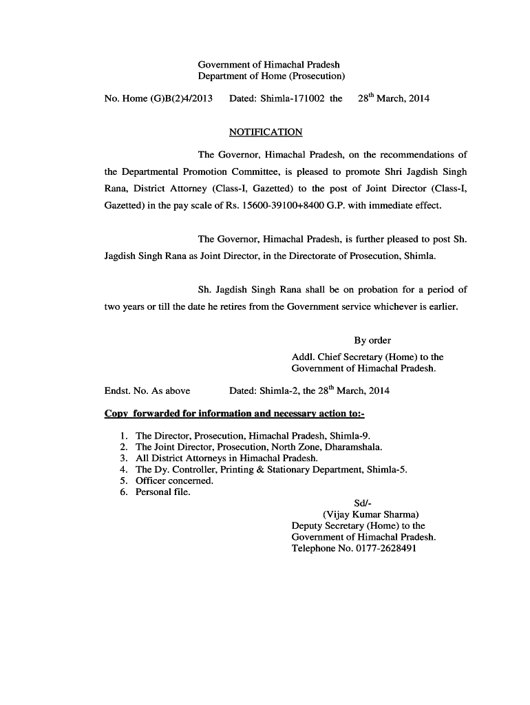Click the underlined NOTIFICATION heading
(265, 132)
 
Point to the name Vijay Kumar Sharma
(370, 514)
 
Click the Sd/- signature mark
(363, 503)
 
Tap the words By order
(372, 340)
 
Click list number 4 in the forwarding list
(123, 470)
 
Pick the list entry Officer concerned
(174, 481)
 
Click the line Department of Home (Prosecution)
(271, 76)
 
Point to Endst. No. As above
(147, 391)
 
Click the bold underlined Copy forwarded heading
(234, 414)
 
